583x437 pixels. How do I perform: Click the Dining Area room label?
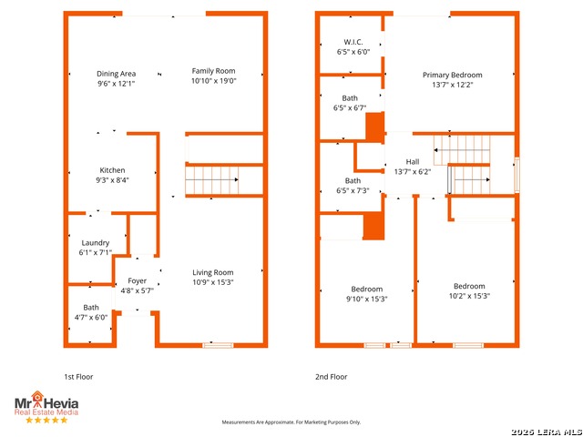pos(116,74)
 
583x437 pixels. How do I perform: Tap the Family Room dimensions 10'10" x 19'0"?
pos(214,81)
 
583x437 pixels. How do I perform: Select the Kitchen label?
pos(112,170)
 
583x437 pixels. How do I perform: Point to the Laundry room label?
pos(96,243)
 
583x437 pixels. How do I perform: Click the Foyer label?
pos(138,281)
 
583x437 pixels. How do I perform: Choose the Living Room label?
pos(213,272)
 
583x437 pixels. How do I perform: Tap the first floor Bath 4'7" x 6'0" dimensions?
pos(91,318)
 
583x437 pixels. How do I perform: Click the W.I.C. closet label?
pos(353,42)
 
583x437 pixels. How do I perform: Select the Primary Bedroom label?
pos(453,75)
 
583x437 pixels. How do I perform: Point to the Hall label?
pos(413,162)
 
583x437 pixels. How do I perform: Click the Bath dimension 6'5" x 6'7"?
pos(350,108)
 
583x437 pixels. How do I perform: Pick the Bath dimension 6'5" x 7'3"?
pos(353,190)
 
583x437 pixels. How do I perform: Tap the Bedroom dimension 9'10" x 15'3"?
pos(367,299)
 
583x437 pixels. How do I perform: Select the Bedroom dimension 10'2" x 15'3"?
pos(470,296)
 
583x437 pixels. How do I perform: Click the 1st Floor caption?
pos(78,377)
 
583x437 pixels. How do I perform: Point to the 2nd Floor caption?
pos(332,377)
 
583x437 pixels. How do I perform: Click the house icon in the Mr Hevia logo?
pos(37,397)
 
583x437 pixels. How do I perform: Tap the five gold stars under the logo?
pos(46,420)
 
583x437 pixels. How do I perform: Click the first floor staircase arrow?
pos(212,180)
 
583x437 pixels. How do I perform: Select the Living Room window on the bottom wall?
pos(218,346)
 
